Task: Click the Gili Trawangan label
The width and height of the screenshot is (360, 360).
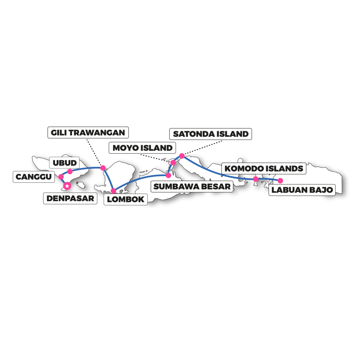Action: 88,132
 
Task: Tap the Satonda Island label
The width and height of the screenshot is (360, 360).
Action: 210,134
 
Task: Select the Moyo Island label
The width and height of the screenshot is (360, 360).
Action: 142,148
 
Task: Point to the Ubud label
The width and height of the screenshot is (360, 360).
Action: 64,163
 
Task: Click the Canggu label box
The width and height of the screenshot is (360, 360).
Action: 34,177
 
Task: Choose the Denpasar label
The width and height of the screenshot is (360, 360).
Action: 70,198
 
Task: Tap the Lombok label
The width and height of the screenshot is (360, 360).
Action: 125,199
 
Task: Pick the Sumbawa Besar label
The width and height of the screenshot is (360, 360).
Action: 192,186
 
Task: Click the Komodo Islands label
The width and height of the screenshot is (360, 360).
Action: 264,168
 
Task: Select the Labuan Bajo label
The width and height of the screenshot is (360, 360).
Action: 302,190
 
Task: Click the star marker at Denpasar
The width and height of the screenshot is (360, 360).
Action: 67,186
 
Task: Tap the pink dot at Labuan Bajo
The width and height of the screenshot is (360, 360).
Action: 280,181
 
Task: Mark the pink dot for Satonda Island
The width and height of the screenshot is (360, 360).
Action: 182,156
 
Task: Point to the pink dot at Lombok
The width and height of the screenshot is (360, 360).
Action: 113,191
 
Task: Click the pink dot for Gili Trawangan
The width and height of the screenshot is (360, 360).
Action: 103,168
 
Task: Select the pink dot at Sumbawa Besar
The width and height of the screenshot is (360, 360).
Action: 168,175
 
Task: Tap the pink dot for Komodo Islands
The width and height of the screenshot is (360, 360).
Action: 256,179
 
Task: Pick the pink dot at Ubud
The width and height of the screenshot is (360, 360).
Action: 70,171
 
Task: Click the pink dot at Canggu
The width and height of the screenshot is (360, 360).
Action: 61,177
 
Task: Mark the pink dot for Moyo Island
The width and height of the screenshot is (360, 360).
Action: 173,163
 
